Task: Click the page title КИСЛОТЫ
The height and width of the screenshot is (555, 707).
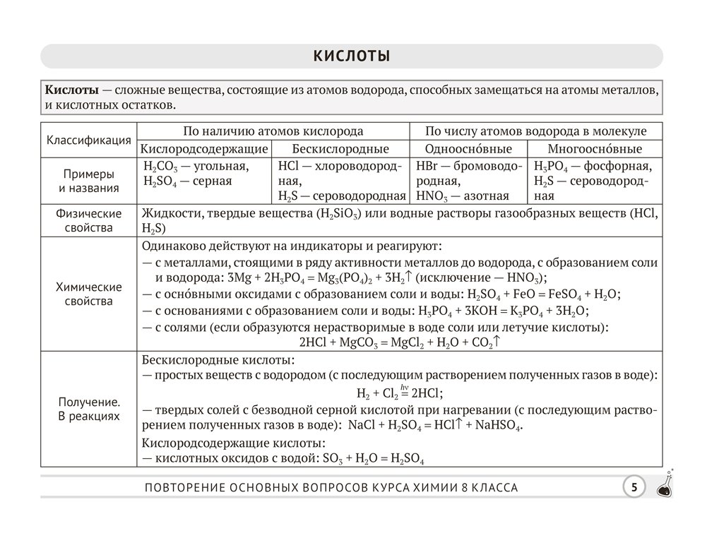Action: (x=352, y=56)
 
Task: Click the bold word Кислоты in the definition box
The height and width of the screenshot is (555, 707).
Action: (x=71, y=90)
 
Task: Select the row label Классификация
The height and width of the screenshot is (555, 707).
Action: (x=89, y=140)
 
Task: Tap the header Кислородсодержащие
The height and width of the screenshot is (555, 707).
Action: (x=204, y=149)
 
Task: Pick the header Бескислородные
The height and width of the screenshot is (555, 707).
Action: (x=340, y=149)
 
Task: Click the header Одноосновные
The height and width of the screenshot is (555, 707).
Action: (x=468, y=149)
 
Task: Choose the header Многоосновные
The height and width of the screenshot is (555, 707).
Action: (x=595, y=149)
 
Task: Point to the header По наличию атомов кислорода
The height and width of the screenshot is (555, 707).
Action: (x=273, y=131)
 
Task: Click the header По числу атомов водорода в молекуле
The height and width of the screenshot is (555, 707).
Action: (x=536, y=131)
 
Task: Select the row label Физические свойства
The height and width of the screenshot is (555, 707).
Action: (x=89, y=220)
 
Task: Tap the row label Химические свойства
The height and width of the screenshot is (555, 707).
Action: (x=89, y=294)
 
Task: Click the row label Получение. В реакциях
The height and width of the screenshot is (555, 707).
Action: (x=89, y=409)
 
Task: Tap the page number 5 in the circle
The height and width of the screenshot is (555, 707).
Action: (x=634, y=487)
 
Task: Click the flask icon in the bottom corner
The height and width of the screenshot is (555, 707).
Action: (x=665, y=486)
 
